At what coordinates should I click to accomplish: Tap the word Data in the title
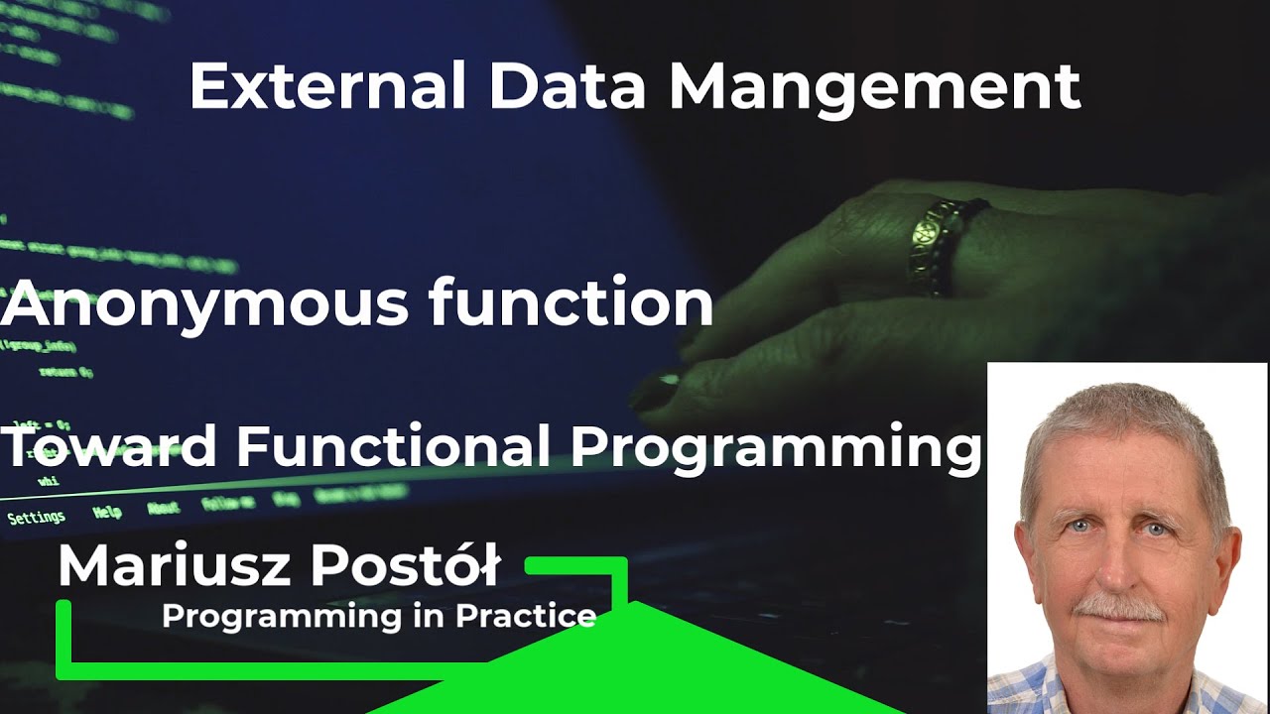pyautogui.click(x=567, y=86)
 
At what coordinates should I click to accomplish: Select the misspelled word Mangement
pyautogui.click(x=874, y=88)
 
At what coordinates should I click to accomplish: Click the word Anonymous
pyautogui.click(x=204, y=303)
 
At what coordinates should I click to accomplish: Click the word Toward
pyautogui.click(x=109, y=446)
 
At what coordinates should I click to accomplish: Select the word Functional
pyautogui.click(x=393, y=446)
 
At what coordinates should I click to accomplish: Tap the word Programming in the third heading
pyautogui.click(x=775, y=448)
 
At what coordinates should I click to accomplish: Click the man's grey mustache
pyautogui.click(x=1119, y=606)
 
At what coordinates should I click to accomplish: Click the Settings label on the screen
pyautogui.click(x=36, y=518)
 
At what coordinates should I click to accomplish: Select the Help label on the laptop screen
pyautogui.click(x=107, y=513)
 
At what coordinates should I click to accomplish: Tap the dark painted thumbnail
pyautogui.click(x=660, y=390)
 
